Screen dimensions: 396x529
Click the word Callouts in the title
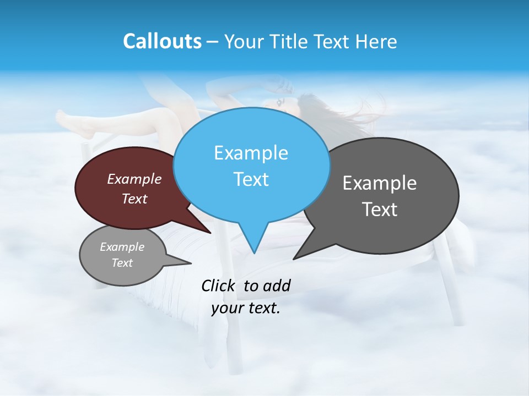[163, 41]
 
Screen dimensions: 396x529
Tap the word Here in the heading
[375, 41]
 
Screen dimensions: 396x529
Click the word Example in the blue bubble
[251, 153]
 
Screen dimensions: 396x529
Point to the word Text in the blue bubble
[251, 179]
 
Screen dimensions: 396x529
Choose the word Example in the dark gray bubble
[380, 183]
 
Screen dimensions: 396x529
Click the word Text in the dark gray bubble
[380, 210]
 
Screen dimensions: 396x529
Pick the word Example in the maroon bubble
[134, 179]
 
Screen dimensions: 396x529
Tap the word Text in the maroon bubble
[134, 199]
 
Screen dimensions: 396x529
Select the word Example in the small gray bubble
[122, 247]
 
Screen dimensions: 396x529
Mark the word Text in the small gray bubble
[122, 263]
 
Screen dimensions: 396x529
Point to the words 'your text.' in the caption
[246, 309]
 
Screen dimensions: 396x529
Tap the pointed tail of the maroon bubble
[209, 232]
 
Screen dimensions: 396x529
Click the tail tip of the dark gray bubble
[294, 258]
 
